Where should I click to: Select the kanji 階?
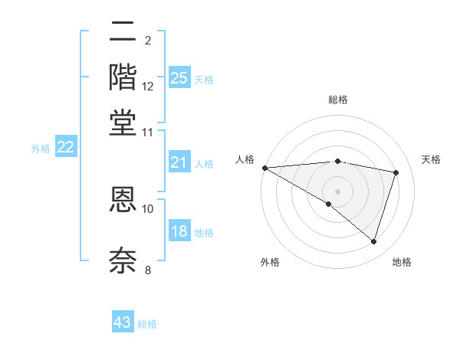[x=123, y=77]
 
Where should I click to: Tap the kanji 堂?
[x=123, y=122]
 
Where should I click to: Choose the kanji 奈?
[x=123, y=260]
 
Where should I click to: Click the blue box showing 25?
[x=179, y=77]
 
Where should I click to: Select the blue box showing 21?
[x=179, y=162]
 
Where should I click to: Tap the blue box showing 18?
[x=179, y=231]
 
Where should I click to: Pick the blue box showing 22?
[x=66, y=148]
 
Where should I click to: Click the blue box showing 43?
[x=123, y=322]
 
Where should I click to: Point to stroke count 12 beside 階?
[x=148, y=87]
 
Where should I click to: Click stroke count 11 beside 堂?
[x=148, y=132]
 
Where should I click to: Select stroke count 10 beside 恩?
[x=148, y=208]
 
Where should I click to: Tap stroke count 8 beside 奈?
[x=148, y=270]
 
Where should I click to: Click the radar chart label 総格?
[x=337, y=100]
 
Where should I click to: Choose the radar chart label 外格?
[x=269, y=263]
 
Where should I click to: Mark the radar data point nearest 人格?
[x=264, y=168]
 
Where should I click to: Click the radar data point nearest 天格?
[x=396, y=172]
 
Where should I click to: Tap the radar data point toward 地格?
[x=373, y=241]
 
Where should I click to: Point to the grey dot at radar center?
[x=337, y=191]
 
